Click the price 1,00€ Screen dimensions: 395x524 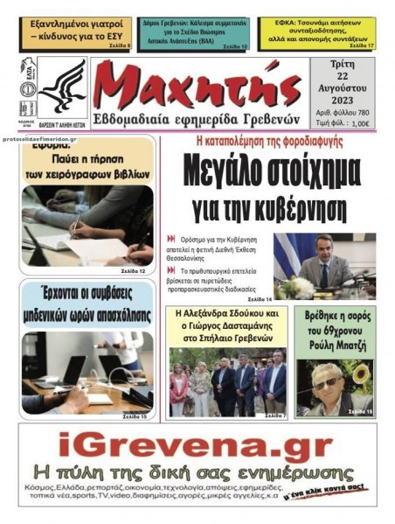360,123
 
